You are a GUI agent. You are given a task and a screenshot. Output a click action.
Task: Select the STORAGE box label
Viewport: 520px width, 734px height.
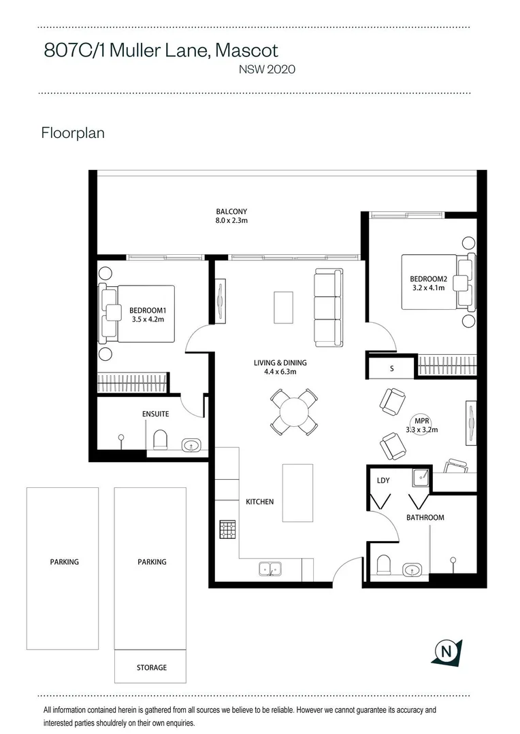coord(151,667)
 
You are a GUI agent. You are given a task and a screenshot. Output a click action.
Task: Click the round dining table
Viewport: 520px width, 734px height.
coord(293,412)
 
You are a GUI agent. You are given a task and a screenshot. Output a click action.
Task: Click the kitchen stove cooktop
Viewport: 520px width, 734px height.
coord(227,529)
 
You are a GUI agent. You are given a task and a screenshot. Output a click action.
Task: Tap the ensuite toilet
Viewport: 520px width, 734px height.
coord(161,440)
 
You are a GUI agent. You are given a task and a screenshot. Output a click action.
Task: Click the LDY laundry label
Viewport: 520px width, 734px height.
coord(383,480)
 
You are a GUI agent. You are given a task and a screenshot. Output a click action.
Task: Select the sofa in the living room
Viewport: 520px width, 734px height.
coord(329,306)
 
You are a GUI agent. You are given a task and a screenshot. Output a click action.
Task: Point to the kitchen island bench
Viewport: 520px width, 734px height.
coord(297,493)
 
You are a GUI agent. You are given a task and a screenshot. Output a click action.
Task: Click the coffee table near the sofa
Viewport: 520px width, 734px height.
coord(283,307)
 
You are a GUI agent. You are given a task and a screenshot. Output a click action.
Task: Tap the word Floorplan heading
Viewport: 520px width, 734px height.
coord(73,133)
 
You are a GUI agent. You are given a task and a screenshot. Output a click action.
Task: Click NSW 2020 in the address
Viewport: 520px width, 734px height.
coord(266,69)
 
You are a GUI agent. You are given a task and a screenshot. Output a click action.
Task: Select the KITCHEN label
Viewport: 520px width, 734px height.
coord(259,502)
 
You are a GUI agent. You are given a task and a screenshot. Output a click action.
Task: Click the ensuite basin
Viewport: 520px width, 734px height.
coord(191,446)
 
